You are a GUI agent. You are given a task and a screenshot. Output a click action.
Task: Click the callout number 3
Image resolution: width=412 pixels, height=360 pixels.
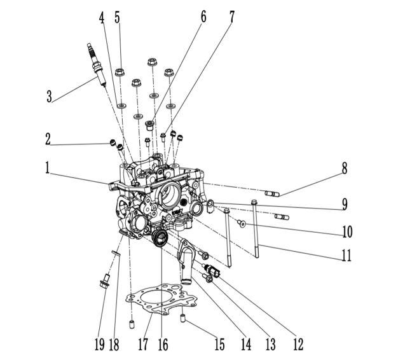click(49, 96)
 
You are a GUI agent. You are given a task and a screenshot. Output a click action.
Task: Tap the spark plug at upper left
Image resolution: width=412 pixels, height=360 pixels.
click(97, 64)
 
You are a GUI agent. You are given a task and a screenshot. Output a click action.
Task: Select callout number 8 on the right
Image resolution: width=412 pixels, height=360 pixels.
click(345, 168)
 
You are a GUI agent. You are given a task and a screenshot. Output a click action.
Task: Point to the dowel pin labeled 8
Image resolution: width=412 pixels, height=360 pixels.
click(271, 194)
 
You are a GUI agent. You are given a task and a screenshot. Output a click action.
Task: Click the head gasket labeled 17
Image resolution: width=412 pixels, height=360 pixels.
click(161, 300)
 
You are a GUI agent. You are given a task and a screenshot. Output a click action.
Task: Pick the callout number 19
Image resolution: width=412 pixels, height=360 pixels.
click(99, 344)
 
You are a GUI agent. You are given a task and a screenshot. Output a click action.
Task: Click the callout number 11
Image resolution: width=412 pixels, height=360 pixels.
click(347, 255)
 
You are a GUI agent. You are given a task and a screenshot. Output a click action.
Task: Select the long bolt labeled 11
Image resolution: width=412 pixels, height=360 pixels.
click(255, 228)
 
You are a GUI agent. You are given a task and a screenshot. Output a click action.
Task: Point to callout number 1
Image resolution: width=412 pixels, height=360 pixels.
click(47, 168)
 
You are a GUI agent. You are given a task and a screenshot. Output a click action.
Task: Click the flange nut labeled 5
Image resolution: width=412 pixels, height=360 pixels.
click(120, 72)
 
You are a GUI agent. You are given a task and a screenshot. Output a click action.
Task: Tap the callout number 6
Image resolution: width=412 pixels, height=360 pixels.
click(203, 17)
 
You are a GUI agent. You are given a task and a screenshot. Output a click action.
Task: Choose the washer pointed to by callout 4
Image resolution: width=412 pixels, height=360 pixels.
click(121, 106)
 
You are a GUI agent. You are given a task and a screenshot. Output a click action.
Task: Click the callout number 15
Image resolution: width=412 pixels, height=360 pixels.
click(219, 344)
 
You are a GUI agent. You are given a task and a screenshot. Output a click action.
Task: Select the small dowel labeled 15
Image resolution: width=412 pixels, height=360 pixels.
click(183, 318)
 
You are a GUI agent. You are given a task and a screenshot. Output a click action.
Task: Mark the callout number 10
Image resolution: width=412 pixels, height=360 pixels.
click(347, 232)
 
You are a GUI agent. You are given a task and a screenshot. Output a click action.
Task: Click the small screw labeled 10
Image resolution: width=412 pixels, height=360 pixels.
click(242, 223)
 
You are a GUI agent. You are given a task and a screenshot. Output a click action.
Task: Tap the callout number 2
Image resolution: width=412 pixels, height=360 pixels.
click(48, 139)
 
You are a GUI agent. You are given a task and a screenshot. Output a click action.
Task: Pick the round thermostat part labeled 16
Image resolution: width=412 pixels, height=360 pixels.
click(160, 238)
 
